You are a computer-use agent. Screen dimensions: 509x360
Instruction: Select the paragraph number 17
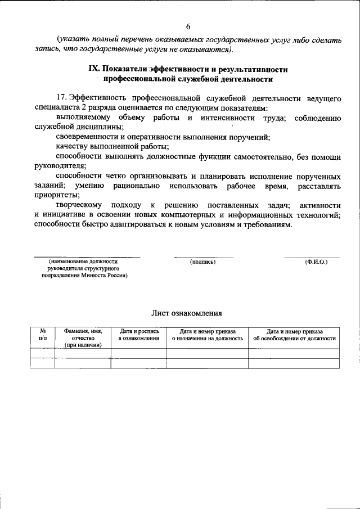[x=62, y=98]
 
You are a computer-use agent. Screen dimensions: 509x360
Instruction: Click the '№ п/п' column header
[x=43, y=335]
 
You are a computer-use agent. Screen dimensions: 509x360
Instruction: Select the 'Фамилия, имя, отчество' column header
[x=83, y=338]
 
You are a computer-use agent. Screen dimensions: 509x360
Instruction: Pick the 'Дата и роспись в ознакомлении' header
[x=138, y=335]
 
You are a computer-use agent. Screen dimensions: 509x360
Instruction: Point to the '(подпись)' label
[x=203, y=262]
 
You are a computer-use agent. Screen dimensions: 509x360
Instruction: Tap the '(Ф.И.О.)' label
[x=316, y=262]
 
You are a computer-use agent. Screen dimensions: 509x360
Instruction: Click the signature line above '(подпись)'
[x=203, y=257]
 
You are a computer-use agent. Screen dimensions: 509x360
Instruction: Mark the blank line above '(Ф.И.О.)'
[x=312, y=257]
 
